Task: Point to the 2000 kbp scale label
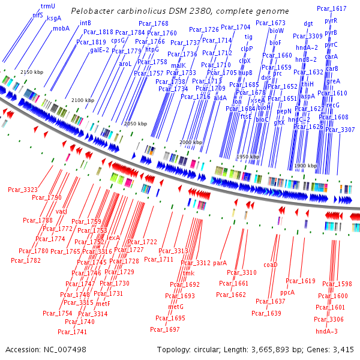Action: (x=192, y=142)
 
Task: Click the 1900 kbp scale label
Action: (x=305, y=165)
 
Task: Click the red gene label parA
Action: (x=220, y=263)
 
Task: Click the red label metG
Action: (x=175, y=307)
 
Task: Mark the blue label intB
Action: (x=86, y=22)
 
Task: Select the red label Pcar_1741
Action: (x=72, y=331)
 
